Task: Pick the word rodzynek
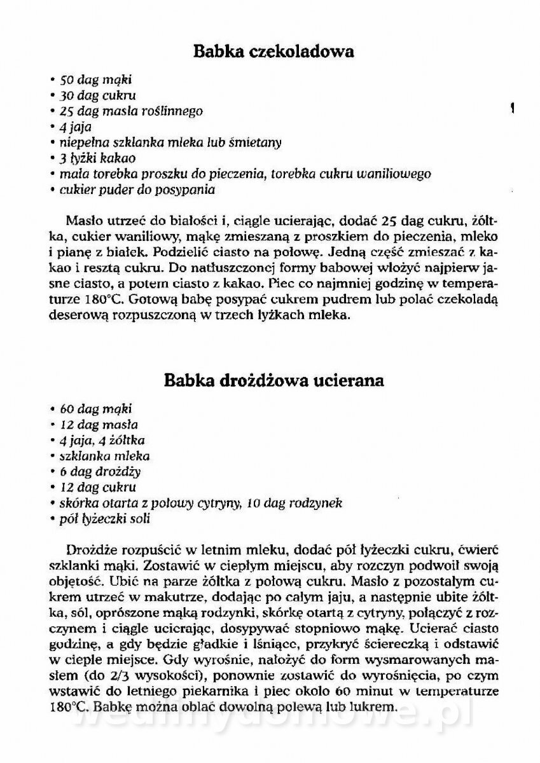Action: [319, 503]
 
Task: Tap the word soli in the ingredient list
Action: [139, 519]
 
